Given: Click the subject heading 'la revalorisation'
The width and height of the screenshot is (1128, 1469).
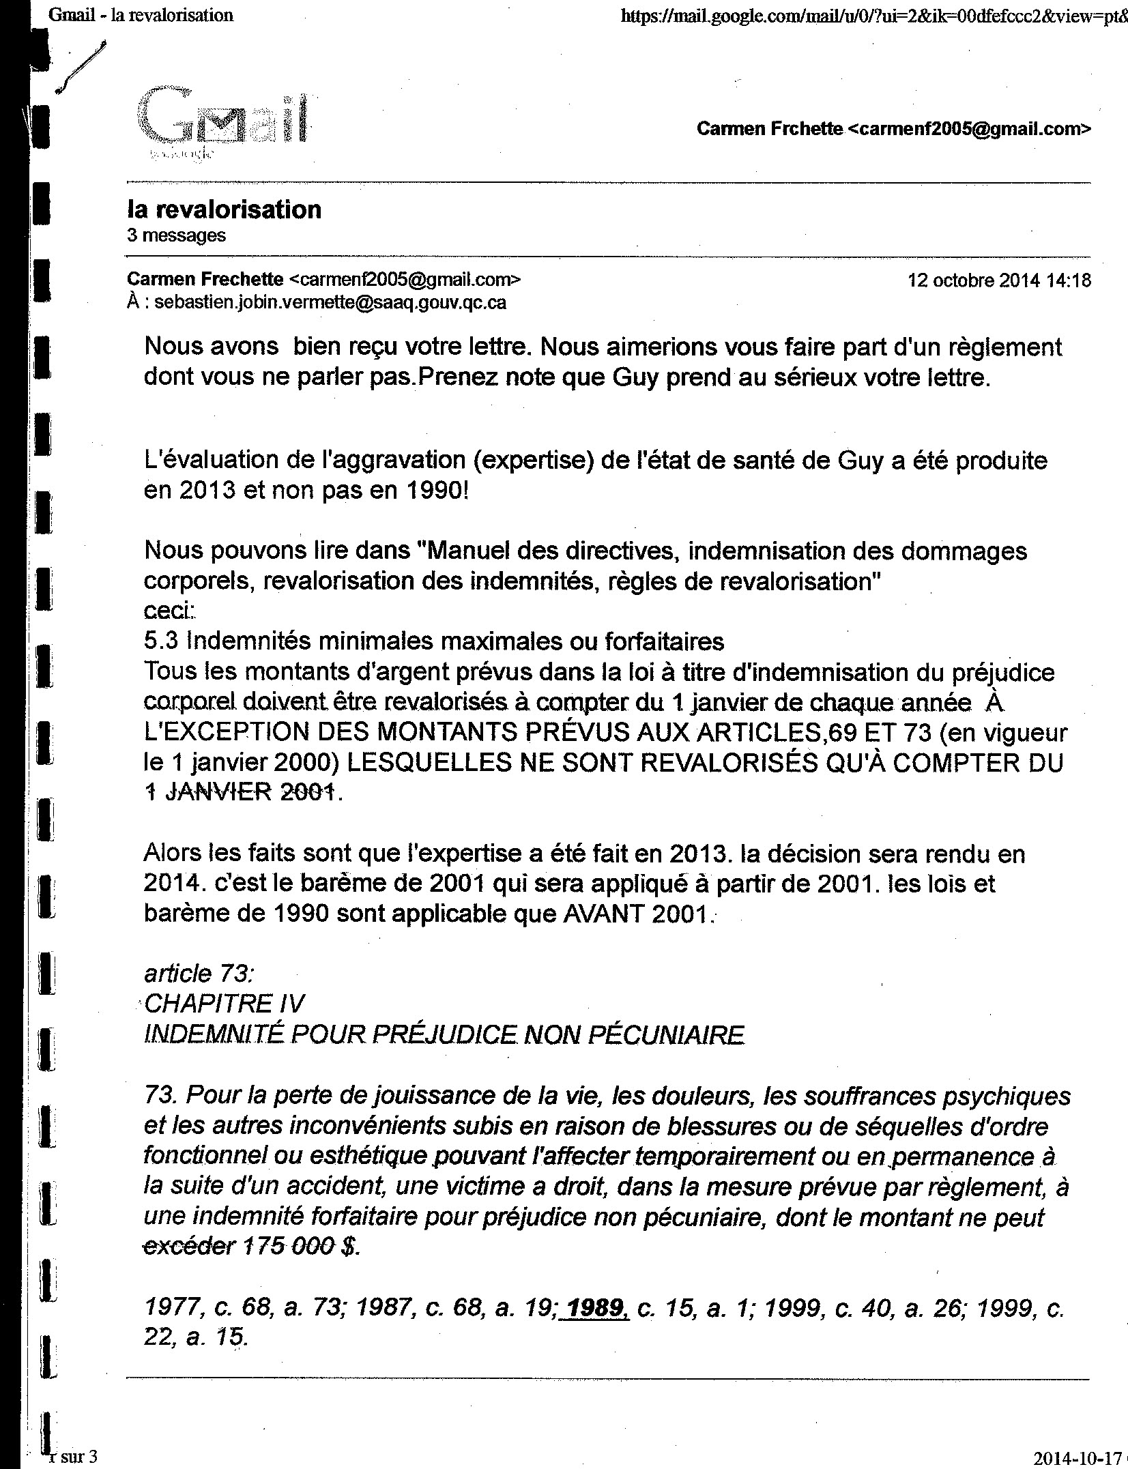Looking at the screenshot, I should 225,209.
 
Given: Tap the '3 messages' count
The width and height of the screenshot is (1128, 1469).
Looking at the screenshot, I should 176,236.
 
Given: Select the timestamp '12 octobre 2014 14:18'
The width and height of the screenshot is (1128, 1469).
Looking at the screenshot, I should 998,280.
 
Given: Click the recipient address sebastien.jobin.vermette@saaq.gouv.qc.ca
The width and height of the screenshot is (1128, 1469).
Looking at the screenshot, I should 330,303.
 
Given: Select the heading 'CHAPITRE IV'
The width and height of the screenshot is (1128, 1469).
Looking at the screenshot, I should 225,1003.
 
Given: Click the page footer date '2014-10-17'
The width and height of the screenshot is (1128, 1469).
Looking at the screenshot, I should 1077,1456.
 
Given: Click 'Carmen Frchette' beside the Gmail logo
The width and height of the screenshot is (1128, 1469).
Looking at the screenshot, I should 769,129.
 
